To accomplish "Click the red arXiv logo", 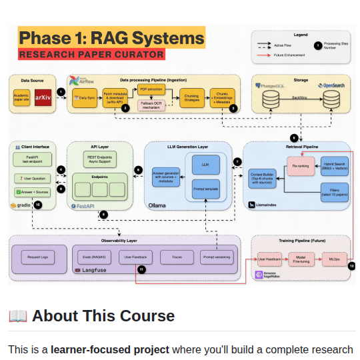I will point(43,97).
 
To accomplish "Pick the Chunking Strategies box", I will point(191,98).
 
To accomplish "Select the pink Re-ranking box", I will point(299,163).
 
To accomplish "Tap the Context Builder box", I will point(263,177).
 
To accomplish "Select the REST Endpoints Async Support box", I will point(99,159).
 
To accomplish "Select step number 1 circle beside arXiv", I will point(61,92).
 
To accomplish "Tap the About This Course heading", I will point(103,315).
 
